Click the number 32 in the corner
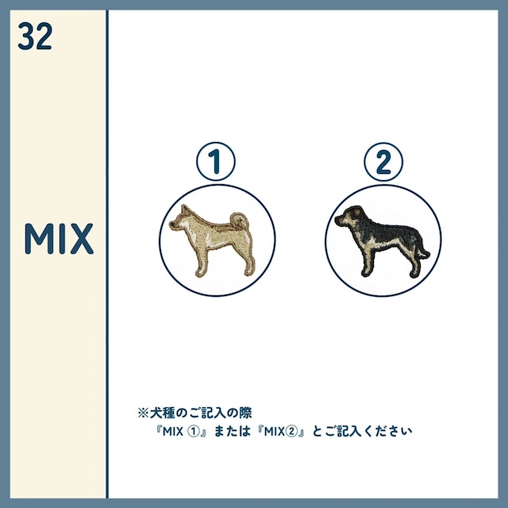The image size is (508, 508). (x=35, y=36)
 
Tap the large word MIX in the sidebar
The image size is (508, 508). (x=59, y=238)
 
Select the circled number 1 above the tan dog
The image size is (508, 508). (x=216, y=161)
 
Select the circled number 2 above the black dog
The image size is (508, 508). (x=383, y=162)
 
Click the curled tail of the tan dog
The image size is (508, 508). (x=240, y=221)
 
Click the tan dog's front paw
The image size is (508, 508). (x=200, y=273)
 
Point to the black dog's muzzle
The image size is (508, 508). (x=339, y=221)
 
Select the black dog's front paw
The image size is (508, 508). (x=365, y=273)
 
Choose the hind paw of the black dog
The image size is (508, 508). (x=414, y=274)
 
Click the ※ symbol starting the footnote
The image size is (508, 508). (x=143, y=413)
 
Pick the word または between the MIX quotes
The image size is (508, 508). (x=233, y=431)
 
